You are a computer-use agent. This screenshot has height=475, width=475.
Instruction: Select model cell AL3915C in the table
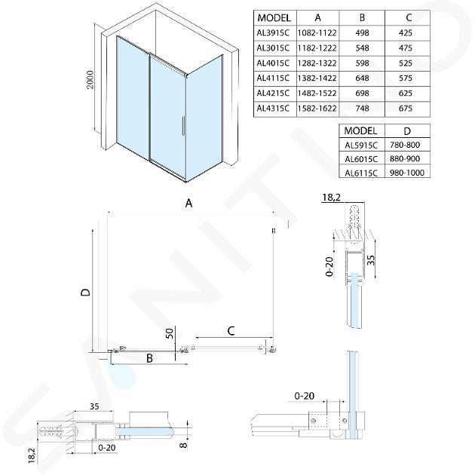click(275, 34)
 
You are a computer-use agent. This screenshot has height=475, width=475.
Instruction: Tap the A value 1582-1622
click(317, 108)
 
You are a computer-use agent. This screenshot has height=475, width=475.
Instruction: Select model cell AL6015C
click(360, 158)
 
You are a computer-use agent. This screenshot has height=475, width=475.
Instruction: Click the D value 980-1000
click(408, 173)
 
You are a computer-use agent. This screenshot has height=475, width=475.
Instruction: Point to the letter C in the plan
click(231, 329)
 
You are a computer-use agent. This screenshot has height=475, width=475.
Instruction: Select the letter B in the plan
click(149, 359)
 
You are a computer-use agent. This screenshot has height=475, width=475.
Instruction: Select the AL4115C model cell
click(275, 78)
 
